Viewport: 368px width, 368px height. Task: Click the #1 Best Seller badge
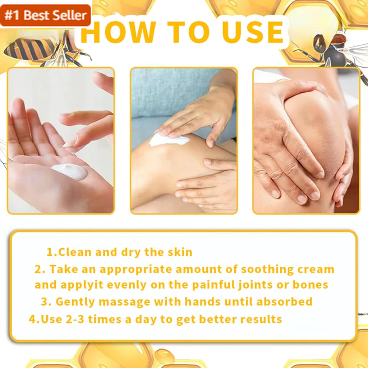pos(45,15)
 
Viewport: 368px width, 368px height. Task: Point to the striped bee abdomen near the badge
pos(29,49)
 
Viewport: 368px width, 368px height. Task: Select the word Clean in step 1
pos(75,252)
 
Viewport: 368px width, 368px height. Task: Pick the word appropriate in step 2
pos(136,270)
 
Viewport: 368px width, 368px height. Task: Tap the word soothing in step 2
pos(267,270)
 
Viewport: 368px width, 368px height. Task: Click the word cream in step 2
pos(316,270)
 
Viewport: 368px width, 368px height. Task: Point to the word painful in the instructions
pos(213,285)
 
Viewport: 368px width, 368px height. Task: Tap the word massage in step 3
pos(124,302)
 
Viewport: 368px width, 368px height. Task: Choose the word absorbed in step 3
pos(285,302)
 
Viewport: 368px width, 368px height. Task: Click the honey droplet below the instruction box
pos(164,357)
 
